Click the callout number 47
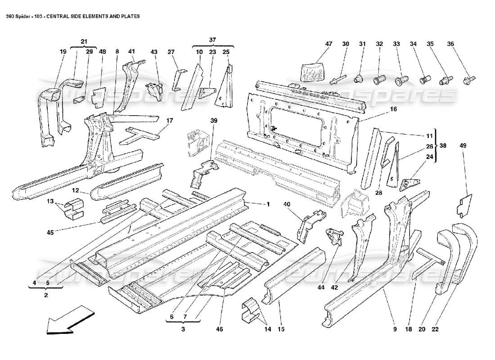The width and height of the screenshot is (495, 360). pyautogui.click(x=329, y=44)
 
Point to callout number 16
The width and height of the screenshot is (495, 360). pyautogui.click(x=393, y=109)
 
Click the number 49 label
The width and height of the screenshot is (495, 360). pyautogui.click(x=463, y=145)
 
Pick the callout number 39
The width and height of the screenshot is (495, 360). pyautogui.click(x=214, y=121)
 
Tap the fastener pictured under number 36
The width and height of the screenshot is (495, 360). pyautogui.click(x=466, y=82)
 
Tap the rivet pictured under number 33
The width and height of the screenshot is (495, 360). pyautogui.click(x=400, y=81)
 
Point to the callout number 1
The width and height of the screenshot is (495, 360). pyautogui.click(x=268, y=204)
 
